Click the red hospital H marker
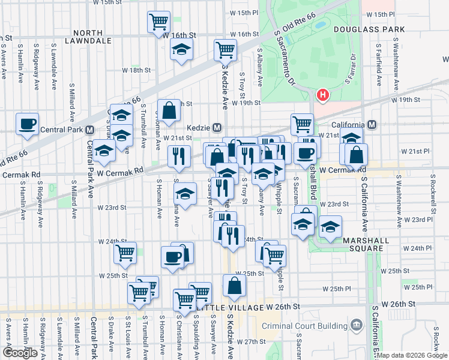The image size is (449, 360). point(323,95)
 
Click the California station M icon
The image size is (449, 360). point(372,125)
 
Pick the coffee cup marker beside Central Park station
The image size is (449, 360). point(28,124)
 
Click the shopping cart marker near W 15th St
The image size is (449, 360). point(158,22)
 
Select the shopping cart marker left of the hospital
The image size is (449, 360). point(302,124)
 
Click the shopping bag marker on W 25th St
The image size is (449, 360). point(234,285)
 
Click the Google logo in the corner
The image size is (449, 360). point(20,353)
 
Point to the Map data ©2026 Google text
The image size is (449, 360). point(412,355)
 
